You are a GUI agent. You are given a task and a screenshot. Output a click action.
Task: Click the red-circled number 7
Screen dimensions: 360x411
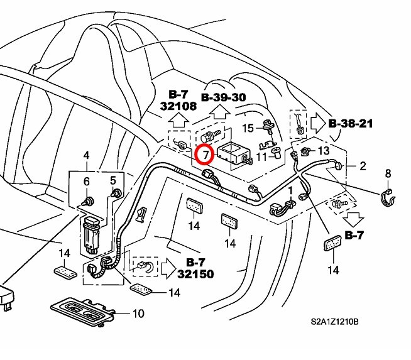(205, 154)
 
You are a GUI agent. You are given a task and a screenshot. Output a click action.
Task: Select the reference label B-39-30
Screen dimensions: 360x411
(223, 97)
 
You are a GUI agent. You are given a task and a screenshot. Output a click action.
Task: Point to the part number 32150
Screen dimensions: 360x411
(195, 274)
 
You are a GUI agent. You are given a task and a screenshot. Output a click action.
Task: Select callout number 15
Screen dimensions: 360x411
(248, 128)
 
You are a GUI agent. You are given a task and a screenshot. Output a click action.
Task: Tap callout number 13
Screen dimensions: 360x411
(323, 151)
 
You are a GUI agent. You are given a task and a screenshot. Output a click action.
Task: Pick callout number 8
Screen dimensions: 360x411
(387, 173)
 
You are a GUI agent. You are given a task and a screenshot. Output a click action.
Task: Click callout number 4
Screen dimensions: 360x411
(87, 156)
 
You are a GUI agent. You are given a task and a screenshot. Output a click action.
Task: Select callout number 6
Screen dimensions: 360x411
(87, 182)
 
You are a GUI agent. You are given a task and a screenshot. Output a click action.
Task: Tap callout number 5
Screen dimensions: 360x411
(114, 180)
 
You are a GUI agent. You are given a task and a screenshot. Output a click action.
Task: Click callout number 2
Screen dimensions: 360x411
(362, 166)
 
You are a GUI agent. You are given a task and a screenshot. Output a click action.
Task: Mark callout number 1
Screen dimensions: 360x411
(290, 190)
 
